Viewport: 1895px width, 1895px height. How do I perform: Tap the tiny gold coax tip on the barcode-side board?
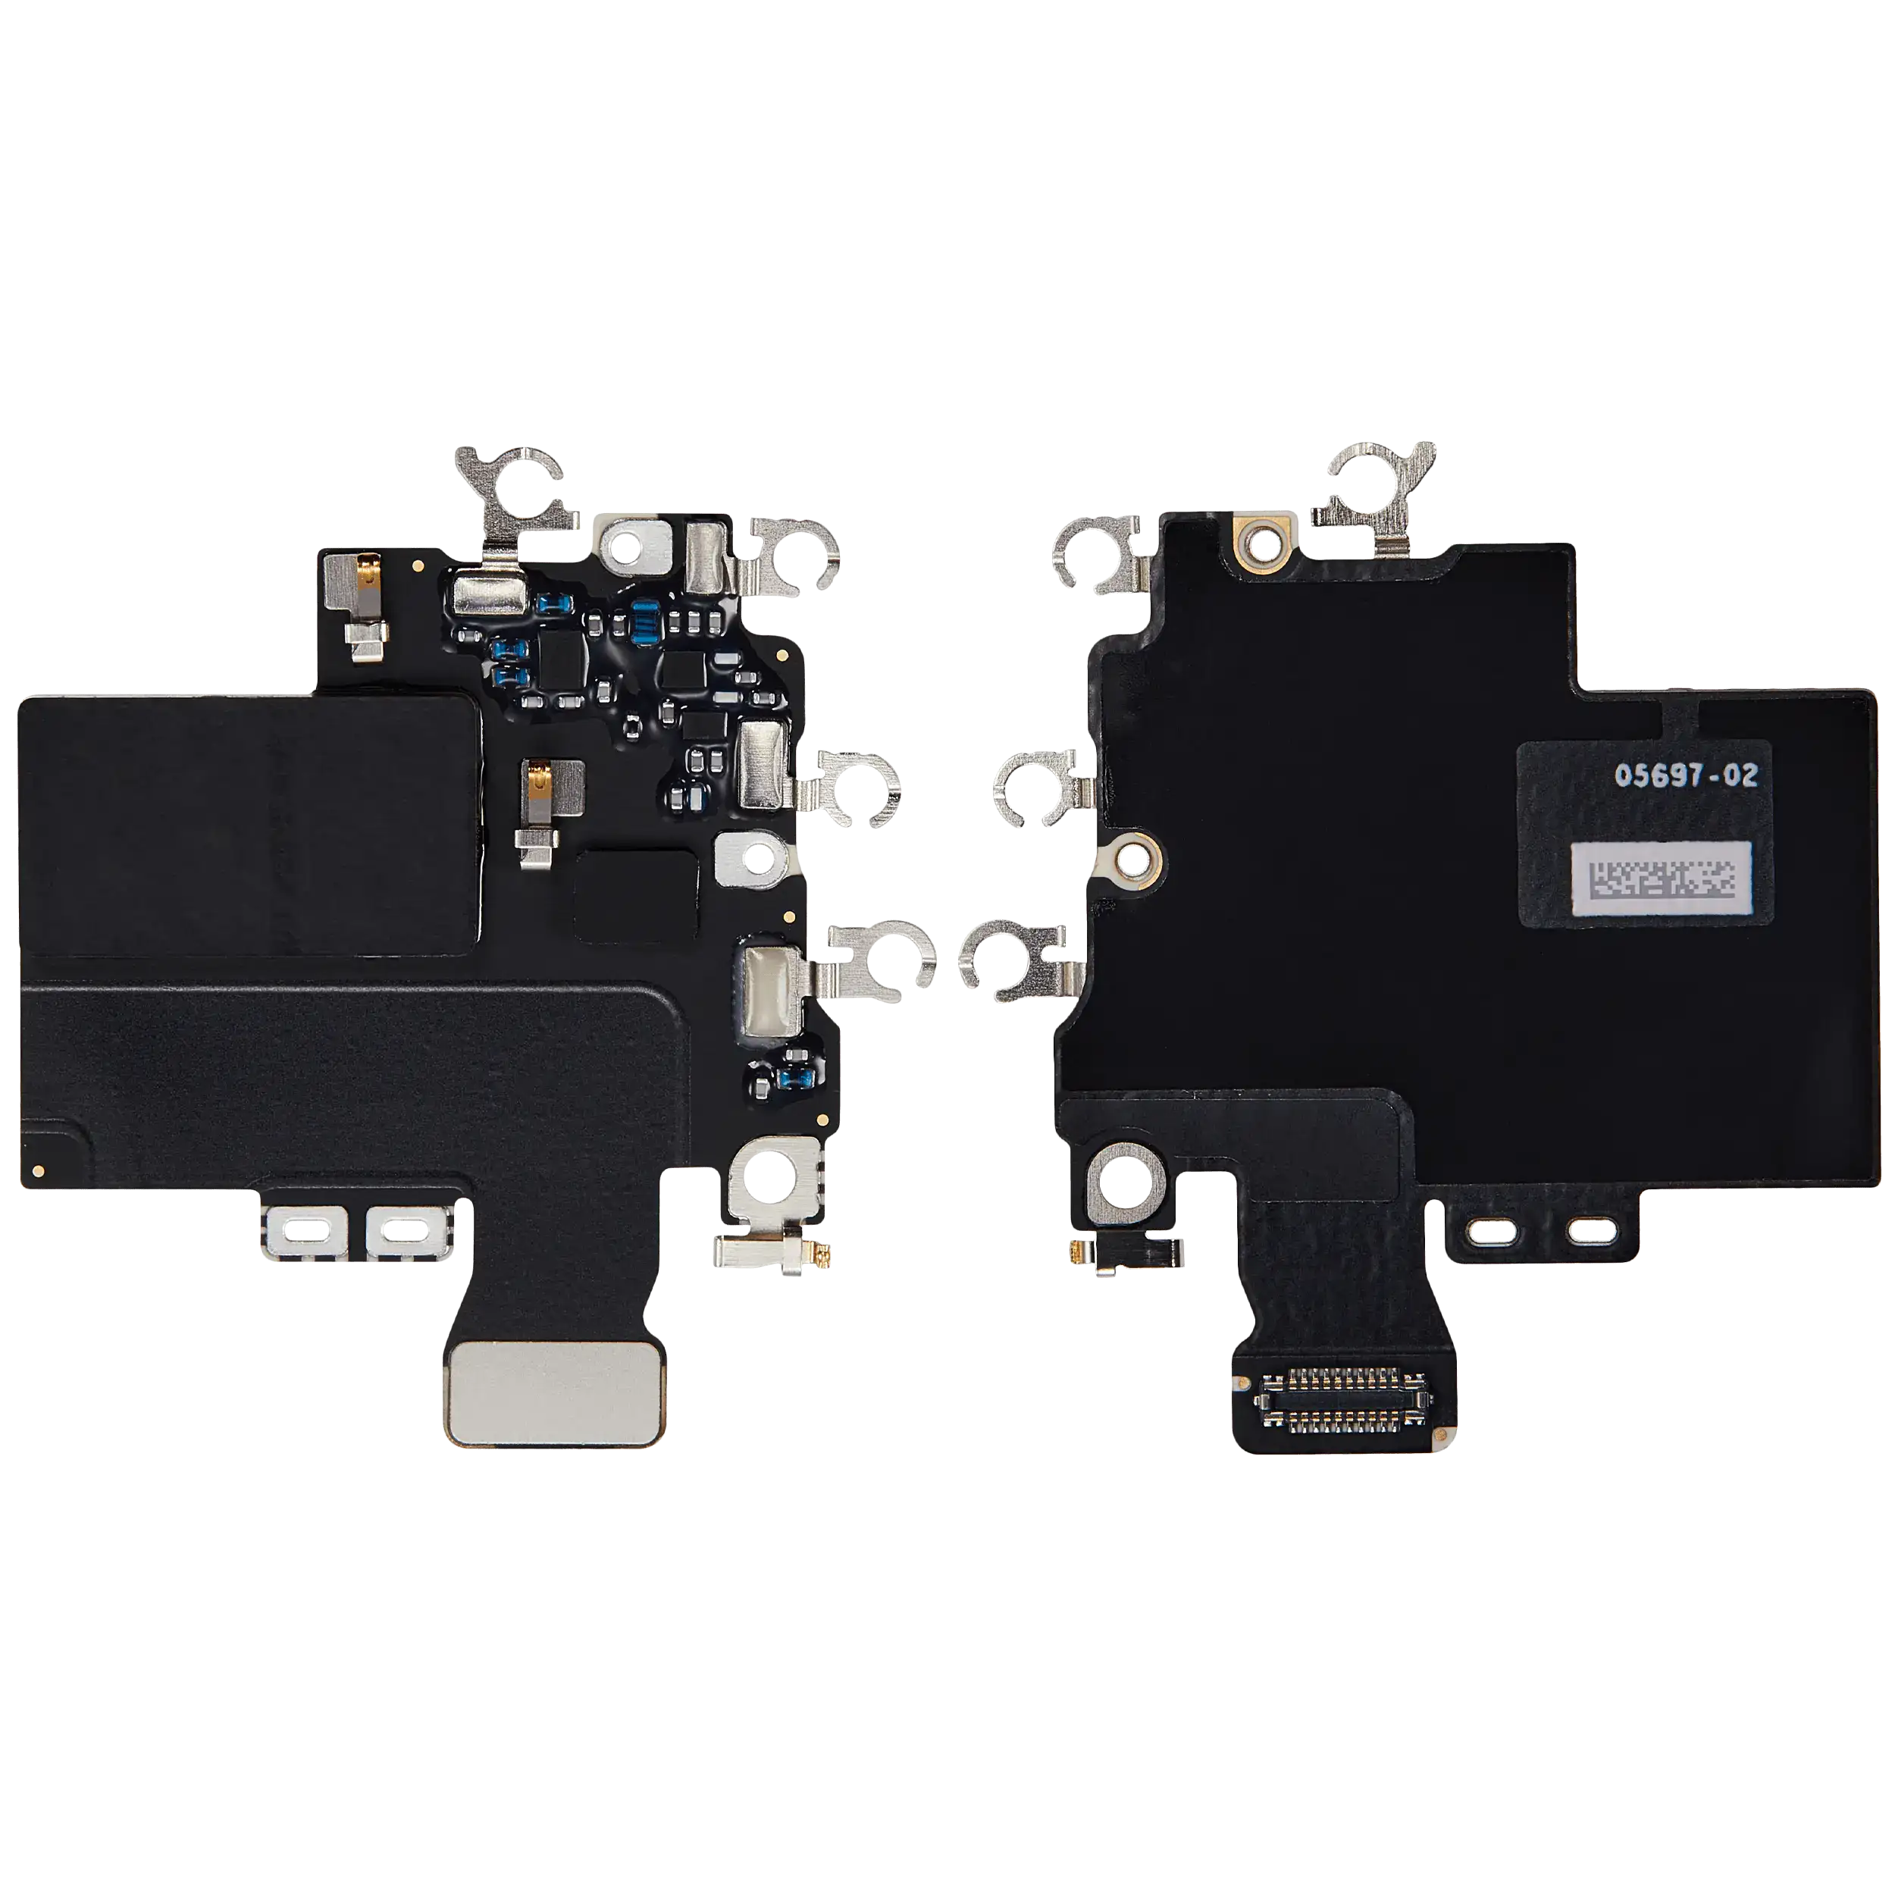[1080, 1251]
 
